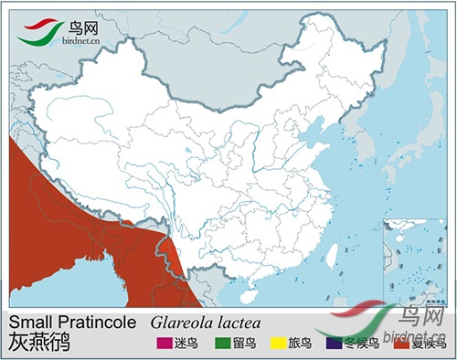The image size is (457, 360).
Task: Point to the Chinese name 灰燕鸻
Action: [38, 344]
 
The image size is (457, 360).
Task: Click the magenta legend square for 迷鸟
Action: [163, 344]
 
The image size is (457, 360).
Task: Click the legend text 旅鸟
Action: [299, 344]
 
